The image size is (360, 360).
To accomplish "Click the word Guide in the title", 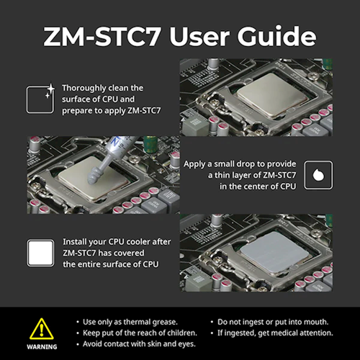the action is pos(276,37).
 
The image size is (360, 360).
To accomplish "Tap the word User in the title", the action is pos(200,37).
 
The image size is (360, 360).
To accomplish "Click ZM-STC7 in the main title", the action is pos(102,37).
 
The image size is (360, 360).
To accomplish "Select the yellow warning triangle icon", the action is pos(42,329).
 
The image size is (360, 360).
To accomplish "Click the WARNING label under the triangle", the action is pos(42,347).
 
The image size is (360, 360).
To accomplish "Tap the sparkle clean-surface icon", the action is pos(40,99).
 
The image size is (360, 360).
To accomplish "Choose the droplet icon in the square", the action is pos(318,175).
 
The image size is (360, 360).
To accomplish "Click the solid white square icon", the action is pos(40,253).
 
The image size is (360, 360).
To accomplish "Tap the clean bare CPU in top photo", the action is pos(273,95).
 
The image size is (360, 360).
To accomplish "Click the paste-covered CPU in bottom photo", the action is pos(274,253).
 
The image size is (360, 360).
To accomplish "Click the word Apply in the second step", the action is pos(194,164).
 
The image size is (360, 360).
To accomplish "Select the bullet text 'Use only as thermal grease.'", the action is pos(130,322).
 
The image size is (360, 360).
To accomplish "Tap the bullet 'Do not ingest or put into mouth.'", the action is pos(273,322).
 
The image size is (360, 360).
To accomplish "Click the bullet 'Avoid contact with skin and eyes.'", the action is pos(139,344).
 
